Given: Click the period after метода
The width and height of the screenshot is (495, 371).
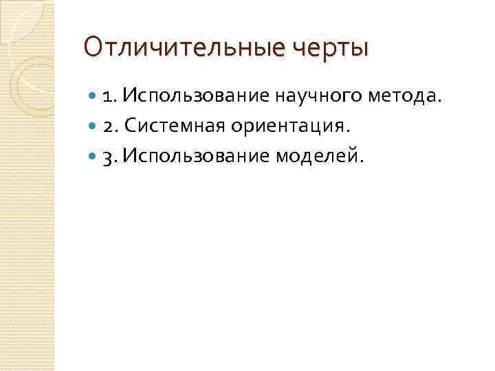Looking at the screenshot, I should point(436,100).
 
